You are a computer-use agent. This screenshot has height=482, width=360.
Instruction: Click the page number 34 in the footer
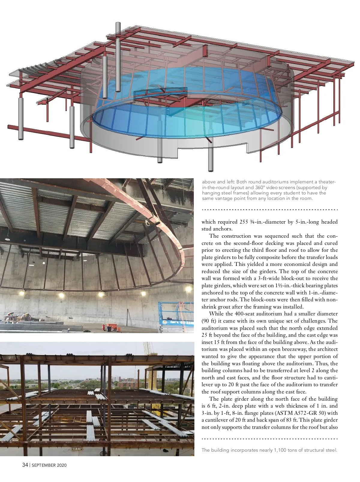25,465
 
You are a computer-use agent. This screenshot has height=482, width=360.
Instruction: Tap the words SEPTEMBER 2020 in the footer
49,465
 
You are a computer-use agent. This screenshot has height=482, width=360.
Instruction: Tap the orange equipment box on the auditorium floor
111,327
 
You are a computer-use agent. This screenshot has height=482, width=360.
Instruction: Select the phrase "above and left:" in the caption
218,182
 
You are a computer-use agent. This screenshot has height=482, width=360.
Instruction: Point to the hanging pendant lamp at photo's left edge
6,239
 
